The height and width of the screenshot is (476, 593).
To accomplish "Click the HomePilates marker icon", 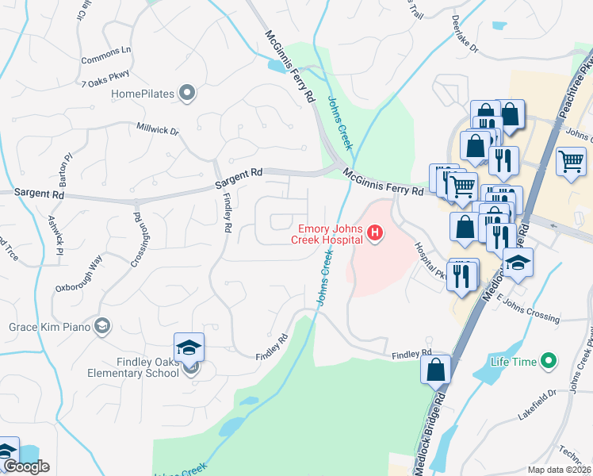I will (x=187, y=94).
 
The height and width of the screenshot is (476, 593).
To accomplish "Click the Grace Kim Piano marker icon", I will (x=101, y=326).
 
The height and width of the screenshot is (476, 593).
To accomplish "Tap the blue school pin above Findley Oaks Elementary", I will (x=189, y=347).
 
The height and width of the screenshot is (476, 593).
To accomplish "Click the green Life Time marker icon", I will (x=547, y=362).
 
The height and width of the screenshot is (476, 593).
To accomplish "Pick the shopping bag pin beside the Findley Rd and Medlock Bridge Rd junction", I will (x=435, y=369).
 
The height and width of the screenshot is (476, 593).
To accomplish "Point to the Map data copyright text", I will (x=560, y=470).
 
